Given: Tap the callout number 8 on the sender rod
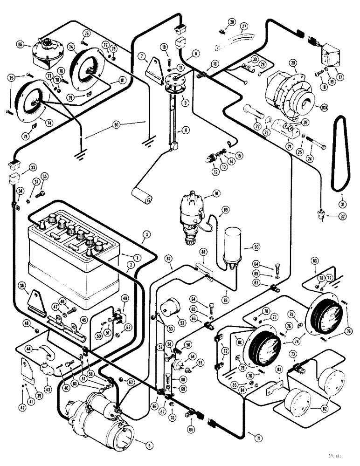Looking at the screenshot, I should click(186, 131).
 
